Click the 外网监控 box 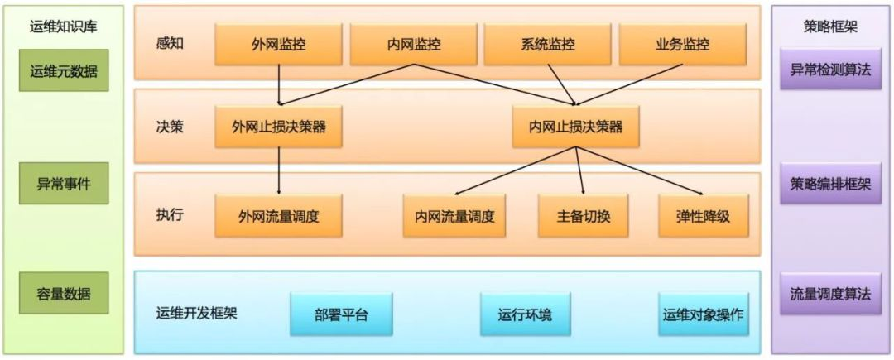[279, 44]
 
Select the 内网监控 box [412, 44]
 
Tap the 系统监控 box [546, 44]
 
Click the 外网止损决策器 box [278, 127]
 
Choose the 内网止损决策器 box [575, 127]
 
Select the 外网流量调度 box [278, 216]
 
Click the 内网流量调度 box [454, 216]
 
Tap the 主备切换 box [583, 216]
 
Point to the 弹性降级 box [704, 216]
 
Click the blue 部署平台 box [340, 314]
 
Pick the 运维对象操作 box [704, 314]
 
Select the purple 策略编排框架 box [830, 183]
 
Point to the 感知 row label [169, 43]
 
